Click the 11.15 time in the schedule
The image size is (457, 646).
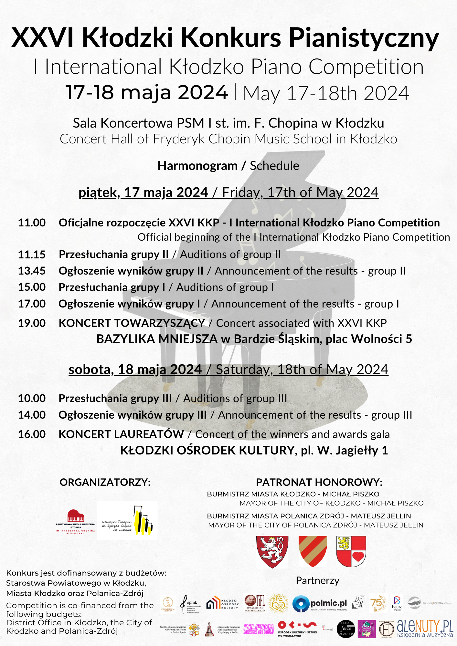pos(32,255)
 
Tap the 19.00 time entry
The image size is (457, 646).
pos(32,323)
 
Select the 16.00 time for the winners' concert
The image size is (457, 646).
pos(32,434)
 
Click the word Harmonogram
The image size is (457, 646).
pos(197,166)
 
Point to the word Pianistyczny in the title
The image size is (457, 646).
pos(364,38)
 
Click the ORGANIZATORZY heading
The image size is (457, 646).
pos(105,482)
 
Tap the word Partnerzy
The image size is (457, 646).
pos(317,580)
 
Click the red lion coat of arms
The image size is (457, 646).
pos(272,552)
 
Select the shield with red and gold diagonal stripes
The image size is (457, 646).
pos(313,551)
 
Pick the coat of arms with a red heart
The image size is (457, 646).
pos(351,551)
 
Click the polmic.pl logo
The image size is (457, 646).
pos(320,604)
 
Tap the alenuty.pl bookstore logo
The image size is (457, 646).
pos(425,629)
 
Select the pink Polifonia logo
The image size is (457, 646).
pos(259,629)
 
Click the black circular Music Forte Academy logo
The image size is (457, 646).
pos(346,629)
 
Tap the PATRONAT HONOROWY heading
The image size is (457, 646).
pos(319,482)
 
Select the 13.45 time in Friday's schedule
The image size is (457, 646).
pos(32,271)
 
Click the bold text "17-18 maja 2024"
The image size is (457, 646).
pos(147,92)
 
